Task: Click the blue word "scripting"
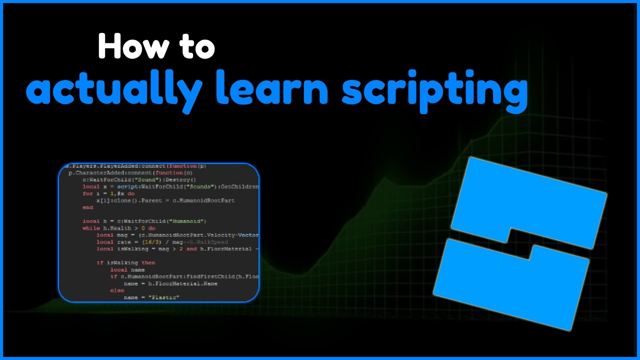(x=434, y=90)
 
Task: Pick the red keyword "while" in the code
(x=91, y=228)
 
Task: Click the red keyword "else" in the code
(x=117, y=290)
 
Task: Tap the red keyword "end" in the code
(x=88, y=207)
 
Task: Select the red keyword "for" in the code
(x=87, y=193)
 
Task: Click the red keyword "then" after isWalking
(x=148, y=262)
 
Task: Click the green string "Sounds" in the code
(x=200, y=186)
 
